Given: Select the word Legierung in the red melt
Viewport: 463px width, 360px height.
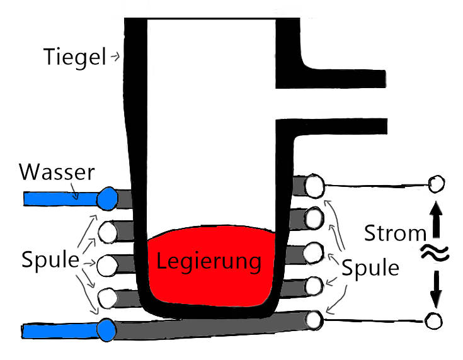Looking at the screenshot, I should pyautogui.click(x=209, y=261).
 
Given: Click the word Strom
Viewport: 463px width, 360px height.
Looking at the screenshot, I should pyautogui.click(x=395, y=234).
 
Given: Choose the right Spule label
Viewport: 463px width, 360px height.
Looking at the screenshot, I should pyautogui.click(x=370, y=268).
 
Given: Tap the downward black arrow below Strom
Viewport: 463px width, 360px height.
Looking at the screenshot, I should pyautogui.click(x=436, y=286).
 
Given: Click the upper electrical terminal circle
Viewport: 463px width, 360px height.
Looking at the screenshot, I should pyautogui.click(x=435, y=184).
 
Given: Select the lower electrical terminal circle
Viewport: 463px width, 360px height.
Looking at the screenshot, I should pyautogui.click(x=433, y=320).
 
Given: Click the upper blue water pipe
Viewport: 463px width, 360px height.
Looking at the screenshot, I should pyautogui.click(x=60, y=199).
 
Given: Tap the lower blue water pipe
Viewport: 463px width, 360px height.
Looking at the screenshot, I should pyautogui.click(x=60, y=330).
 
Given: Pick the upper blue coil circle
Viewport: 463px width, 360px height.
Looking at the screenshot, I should pyautogui.click(x=107, y=198).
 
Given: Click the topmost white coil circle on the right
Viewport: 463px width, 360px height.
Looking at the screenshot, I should pyautogui.click(x=314, y=185).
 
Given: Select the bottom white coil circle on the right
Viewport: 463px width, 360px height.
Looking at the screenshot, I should pyautogui.click(x=314, y=319).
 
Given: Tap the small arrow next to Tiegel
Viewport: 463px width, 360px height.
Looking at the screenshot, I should pyautogui.click(x=115, y=57).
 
